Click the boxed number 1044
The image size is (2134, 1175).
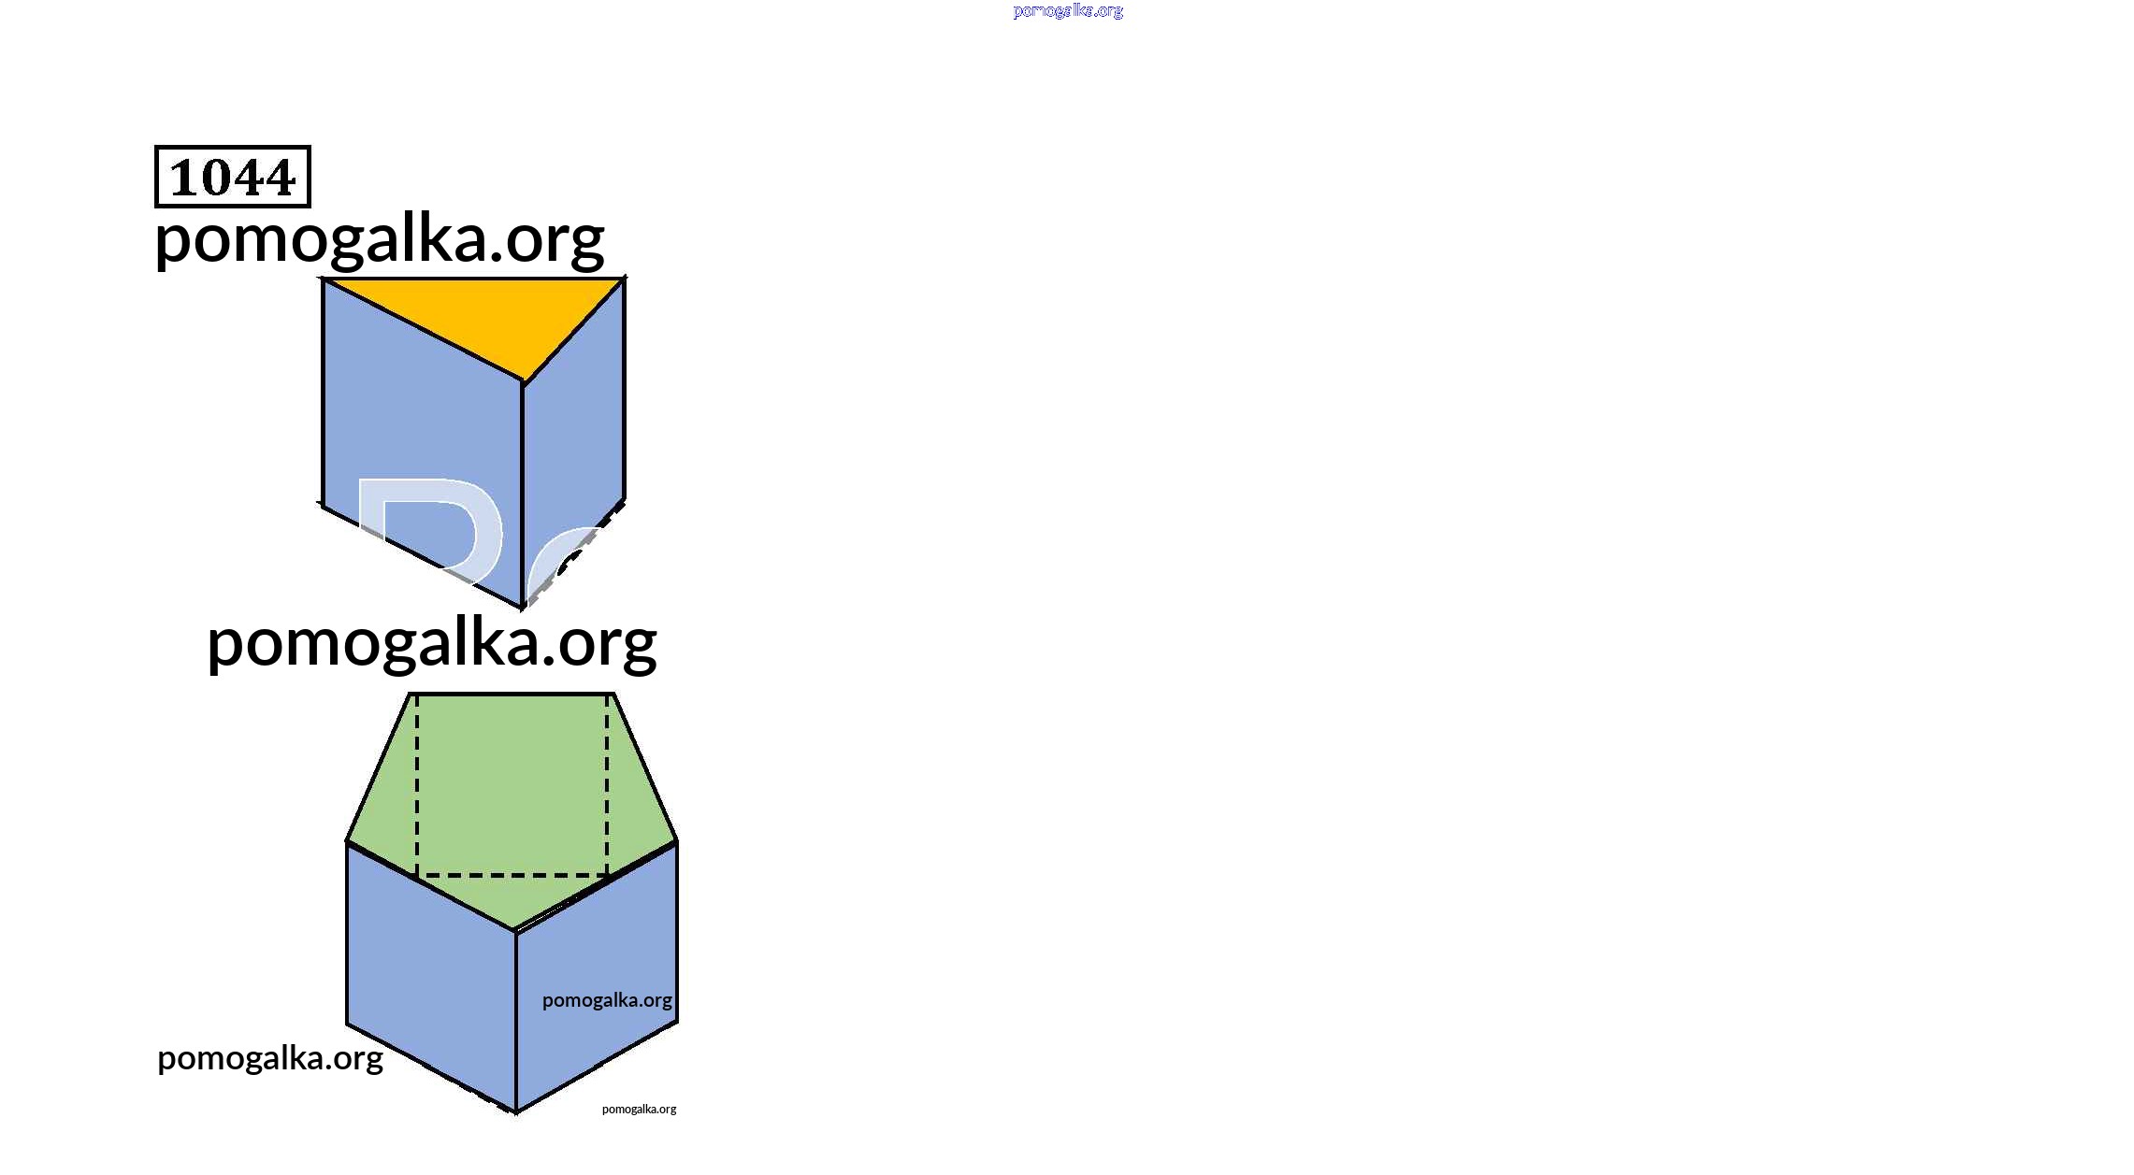click(232, 177)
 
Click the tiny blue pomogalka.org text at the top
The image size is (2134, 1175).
click(1068, 10)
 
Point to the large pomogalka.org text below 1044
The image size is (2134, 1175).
click(380, 239)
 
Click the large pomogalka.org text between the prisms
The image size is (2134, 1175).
click(432, 643)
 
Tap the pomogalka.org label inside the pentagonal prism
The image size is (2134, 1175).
click(607, 1000)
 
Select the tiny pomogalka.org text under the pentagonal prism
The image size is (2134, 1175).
click(639, 1110)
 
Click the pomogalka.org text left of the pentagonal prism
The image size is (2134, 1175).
click(270, 1058)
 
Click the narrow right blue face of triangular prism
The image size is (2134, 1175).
click(573, 439)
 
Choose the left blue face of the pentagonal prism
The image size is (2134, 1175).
click(431, 977)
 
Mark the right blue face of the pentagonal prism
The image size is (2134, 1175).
click(597, 977)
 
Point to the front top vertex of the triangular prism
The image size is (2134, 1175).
click(523, 383)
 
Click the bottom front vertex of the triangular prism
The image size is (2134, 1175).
click(523, 608)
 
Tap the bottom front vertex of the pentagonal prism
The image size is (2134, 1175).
click(516, 1112)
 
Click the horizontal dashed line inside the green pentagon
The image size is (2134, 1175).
click(512, 876)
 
